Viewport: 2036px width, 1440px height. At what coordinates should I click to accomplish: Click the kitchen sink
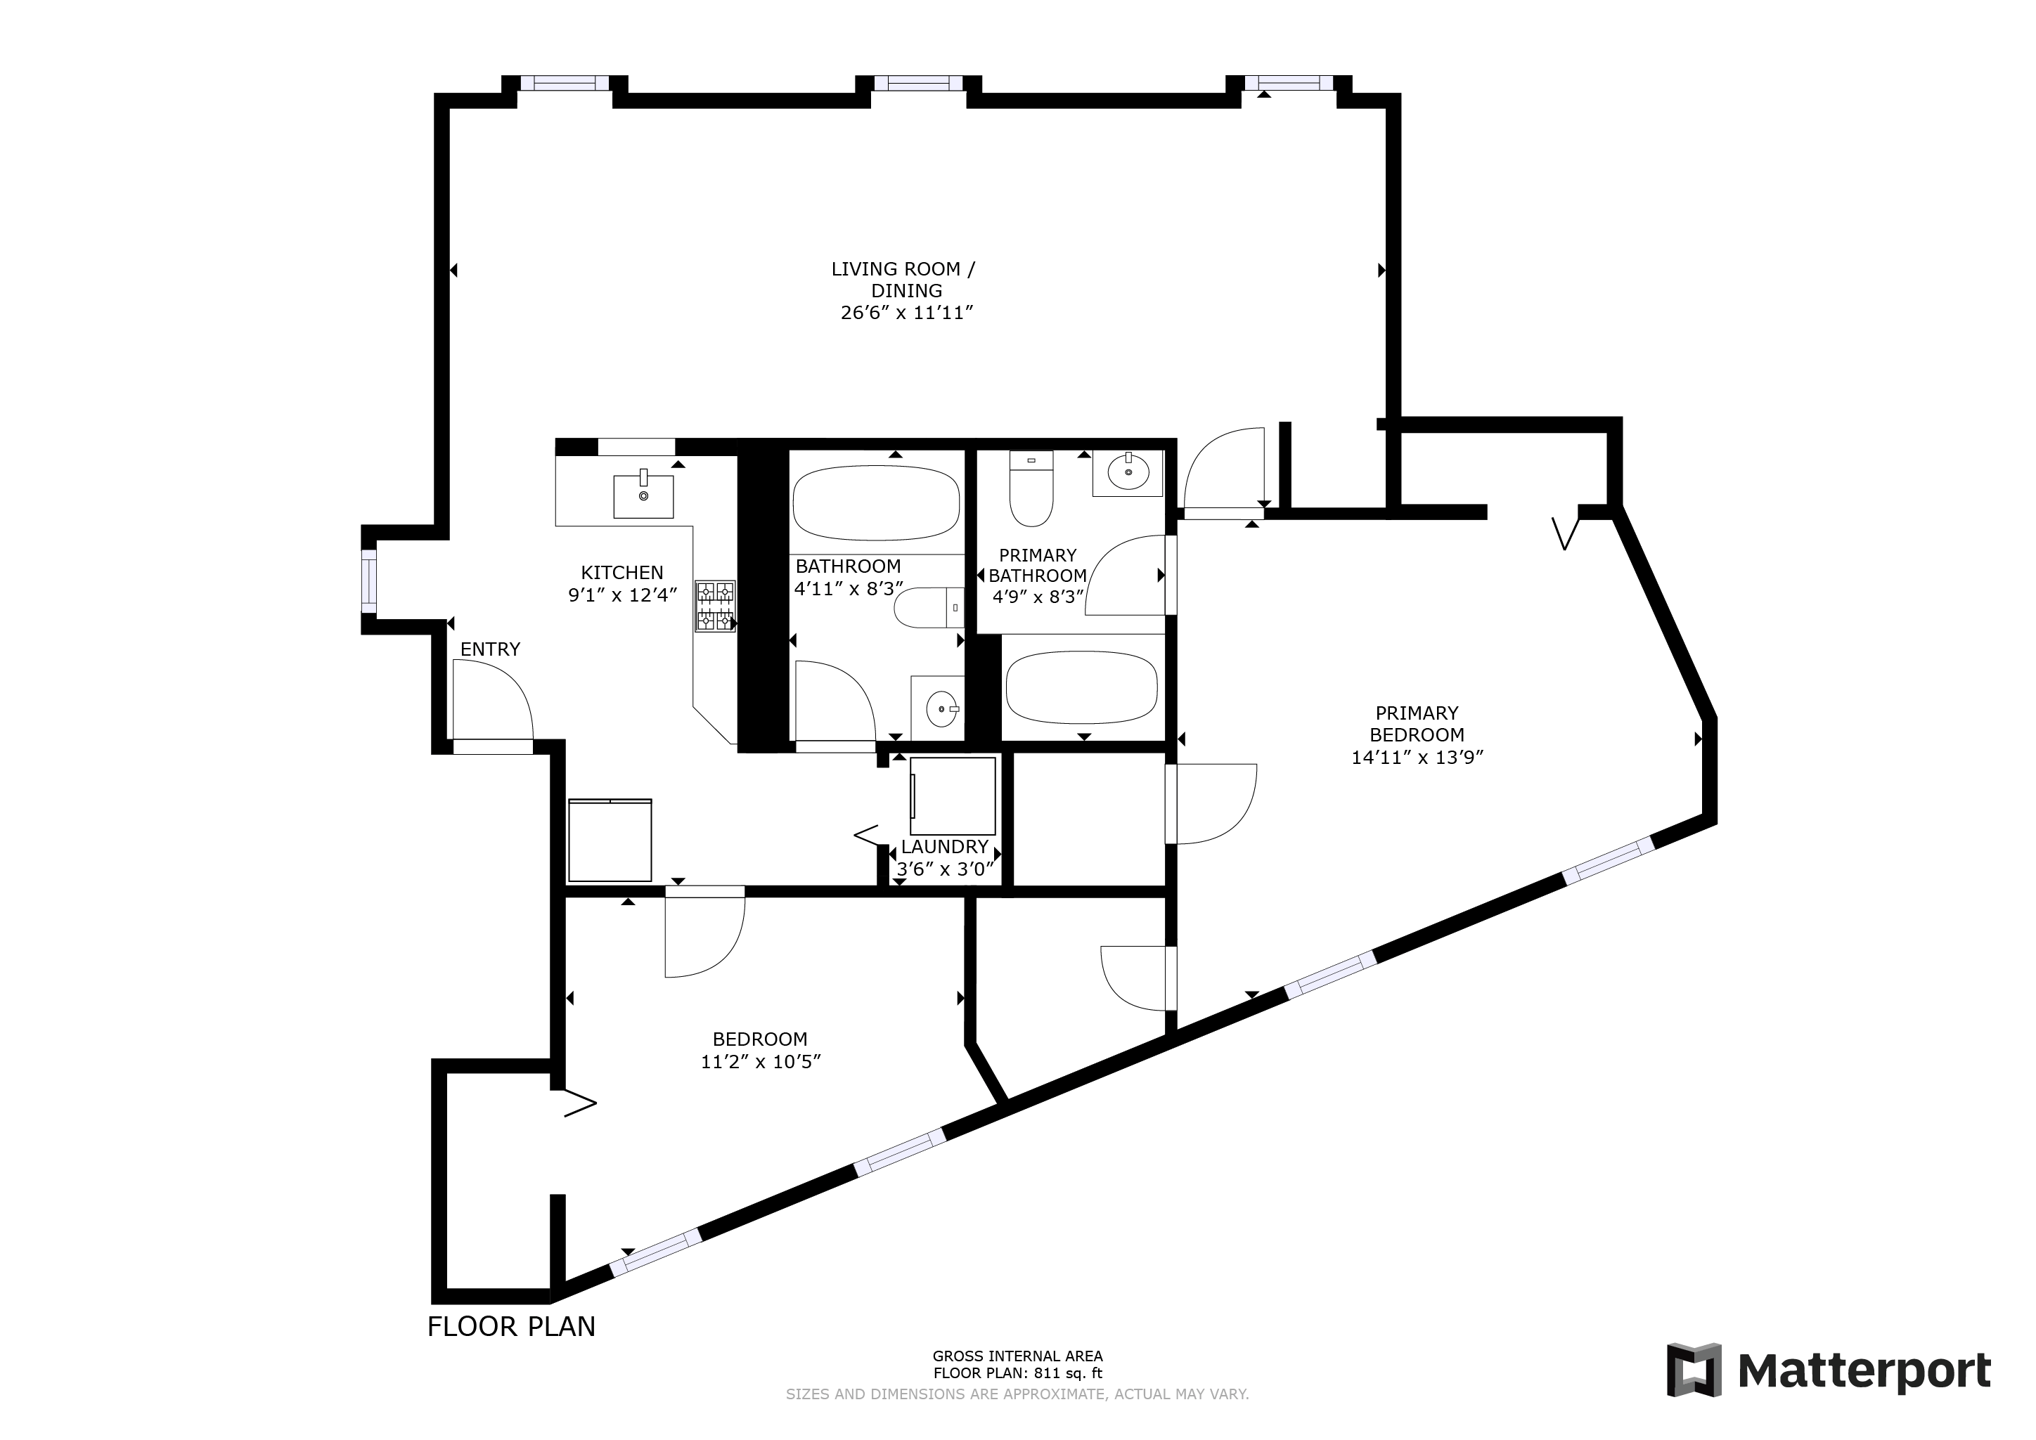[643, 495]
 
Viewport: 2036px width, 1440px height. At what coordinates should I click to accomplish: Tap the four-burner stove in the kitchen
[715, 606]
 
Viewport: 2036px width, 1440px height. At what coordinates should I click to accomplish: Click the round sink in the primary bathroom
[1128, 472]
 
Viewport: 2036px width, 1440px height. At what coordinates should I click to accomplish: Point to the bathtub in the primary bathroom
[1082, 687]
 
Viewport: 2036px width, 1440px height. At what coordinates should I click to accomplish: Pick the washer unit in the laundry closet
[953, 796]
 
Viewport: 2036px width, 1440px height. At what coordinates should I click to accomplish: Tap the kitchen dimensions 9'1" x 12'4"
[622, 595]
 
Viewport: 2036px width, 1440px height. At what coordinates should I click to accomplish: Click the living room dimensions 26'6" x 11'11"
[906, 312]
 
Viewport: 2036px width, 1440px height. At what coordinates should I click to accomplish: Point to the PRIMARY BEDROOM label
[1416, 724]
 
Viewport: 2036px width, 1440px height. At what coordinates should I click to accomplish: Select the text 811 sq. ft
[1066, 1373]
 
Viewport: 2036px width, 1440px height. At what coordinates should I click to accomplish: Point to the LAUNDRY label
[943, 847]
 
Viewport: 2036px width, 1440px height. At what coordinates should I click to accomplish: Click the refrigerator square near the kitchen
[610, 840]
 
